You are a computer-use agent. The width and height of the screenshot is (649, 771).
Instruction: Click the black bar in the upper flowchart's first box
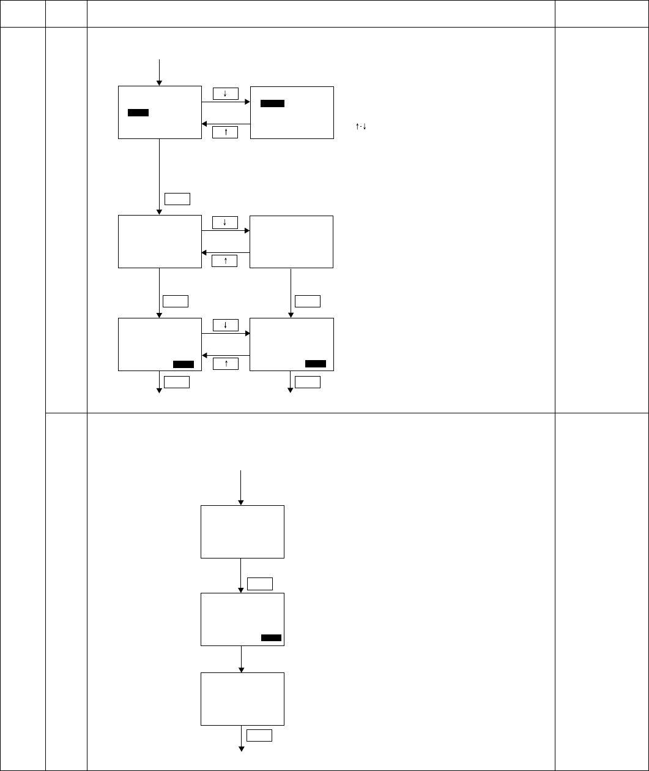tap(138, 113)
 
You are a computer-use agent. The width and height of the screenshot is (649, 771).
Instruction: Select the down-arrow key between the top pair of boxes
tap(226, 94)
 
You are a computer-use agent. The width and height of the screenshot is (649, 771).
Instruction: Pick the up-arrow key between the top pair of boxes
tap(226, 132)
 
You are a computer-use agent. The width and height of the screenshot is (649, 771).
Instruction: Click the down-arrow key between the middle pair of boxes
tap(226, 222)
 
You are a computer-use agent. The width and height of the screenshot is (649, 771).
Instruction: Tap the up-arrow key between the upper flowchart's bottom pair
tap(226, 364)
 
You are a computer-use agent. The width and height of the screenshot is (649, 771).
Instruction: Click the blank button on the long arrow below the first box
tap(177, 198)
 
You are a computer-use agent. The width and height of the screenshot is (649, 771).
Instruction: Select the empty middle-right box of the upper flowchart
tap(292, 241)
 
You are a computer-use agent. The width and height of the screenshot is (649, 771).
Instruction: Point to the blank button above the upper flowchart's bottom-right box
tap(307, 301)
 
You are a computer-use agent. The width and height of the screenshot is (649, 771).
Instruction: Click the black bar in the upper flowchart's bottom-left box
tap(183, 364)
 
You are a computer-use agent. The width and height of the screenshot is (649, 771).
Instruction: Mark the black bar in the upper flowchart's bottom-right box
tap(316, 364)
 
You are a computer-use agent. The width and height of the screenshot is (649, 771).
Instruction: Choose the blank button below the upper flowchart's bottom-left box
tap(177, 382)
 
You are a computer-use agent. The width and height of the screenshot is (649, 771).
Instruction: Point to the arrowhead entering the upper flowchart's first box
tap(159, 83)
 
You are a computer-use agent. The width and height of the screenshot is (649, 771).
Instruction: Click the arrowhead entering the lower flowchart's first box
tap(242, 502)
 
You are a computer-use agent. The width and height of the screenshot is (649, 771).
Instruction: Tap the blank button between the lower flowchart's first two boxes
tap(260, 584)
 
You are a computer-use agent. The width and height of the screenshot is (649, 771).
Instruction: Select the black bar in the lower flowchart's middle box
tap(271, 637)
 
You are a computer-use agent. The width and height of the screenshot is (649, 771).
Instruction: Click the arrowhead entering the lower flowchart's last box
tap(242, 669)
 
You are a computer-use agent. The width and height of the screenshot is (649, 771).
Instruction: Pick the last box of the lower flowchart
tap(242, 699)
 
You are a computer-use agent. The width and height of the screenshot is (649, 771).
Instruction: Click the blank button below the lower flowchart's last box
tap(260, 735)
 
